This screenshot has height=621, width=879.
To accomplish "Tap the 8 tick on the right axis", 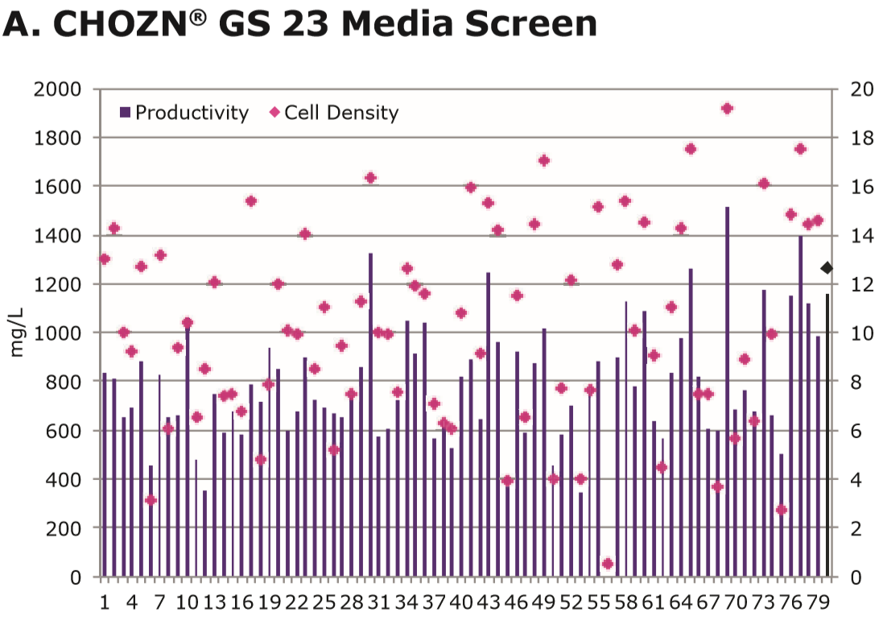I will click(856, 382).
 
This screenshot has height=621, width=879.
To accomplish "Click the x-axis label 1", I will click(105, 602).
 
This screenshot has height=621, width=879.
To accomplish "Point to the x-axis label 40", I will click(461, 602).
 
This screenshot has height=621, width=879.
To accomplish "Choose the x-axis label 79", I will click(817, 602).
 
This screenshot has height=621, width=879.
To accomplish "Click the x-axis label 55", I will click(598, 602).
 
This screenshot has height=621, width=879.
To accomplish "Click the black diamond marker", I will click(827, 267).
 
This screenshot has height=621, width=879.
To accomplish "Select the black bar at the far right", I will click(827, 435).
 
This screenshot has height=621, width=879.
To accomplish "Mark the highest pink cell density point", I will click(727, 109).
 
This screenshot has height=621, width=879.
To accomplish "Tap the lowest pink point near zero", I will click(608, 564).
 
